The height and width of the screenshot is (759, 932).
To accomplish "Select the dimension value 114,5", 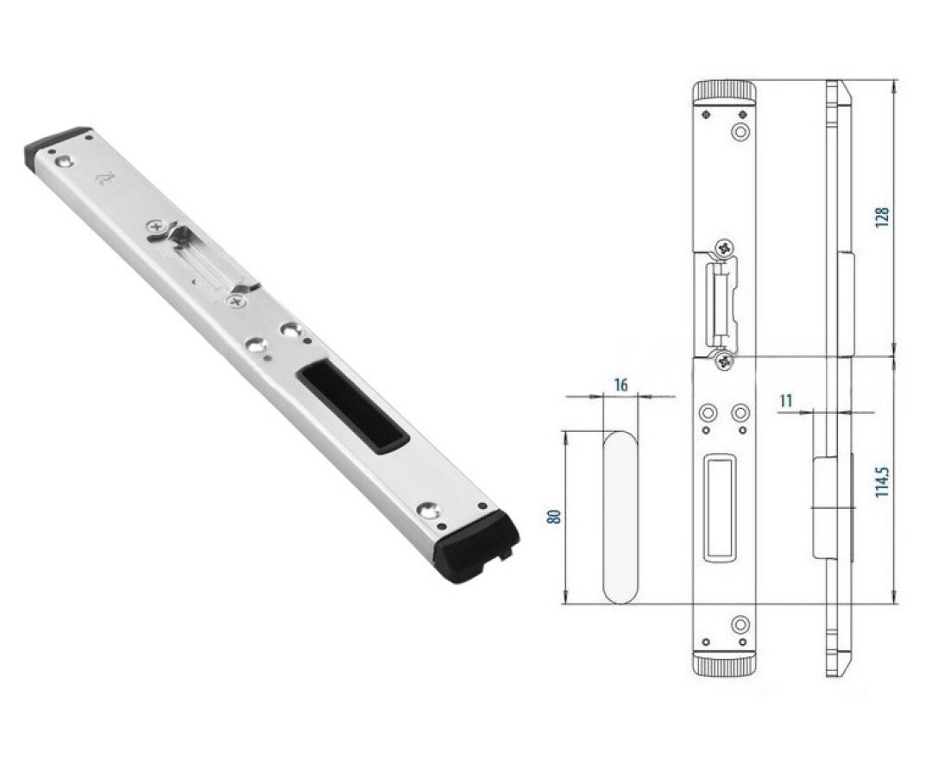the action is pyautogui.click(x=883, y=481).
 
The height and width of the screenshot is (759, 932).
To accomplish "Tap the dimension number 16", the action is pyautogui.click(x=620, y=385).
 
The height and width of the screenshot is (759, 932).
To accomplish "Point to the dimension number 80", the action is pyautogui.click(x=555, y=516).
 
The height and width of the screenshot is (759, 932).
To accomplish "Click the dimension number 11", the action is pyautogui.click(x=786, y=400).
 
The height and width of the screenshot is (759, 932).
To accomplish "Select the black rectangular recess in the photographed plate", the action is pyautogui.click(x=352, y=410).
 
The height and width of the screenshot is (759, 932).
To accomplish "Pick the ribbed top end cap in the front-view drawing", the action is pyautogui.click(x=724, y=93).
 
